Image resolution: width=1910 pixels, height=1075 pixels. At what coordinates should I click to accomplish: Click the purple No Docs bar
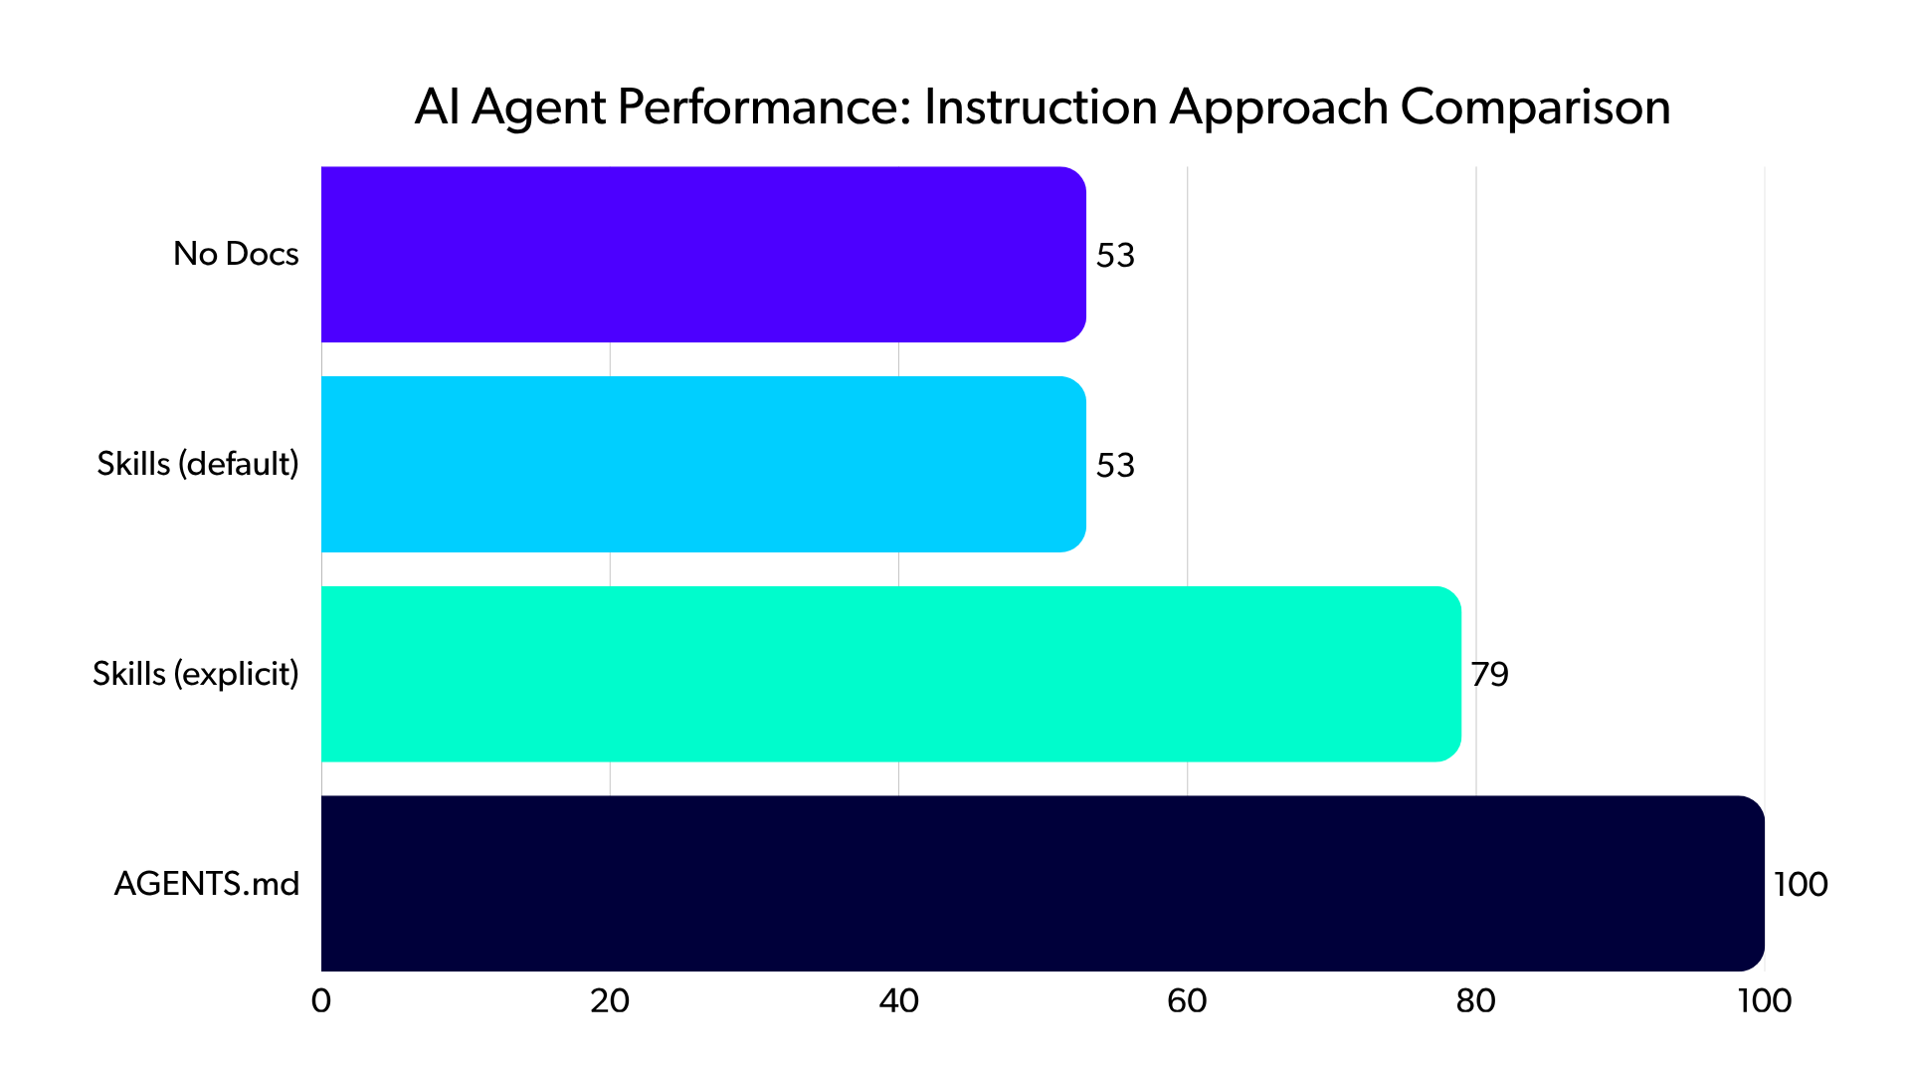(703, 254)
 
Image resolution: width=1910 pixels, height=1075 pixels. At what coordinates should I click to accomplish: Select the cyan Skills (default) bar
(703, 464)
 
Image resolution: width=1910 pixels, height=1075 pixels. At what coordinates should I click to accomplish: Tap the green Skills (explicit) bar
(890, 674)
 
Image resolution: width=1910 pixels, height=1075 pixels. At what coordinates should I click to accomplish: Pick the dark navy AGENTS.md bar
(1042, 883)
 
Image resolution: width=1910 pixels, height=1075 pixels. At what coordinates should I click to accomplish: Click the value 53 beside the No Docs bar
(1115, 256)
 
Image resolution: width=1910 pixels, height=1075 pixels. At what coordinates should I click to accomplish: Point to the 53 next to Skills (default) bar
(1115, 466)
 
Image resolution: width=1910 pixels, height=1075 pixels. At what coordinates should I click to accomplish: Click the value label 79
(1489, 675)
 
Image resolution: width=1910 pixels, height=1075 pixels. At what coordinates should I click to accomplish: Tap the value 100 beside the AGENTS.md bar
(1801, 885)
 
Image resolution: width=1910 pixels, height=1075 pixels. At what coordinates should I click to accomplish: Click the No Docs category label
(236, 254)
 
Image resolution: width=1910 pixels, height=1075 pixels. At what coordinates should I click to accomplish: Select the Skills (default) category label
(198, 464)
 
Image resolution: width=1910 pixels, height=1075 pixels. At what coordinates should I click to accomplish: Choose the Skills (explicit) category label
(196, 674)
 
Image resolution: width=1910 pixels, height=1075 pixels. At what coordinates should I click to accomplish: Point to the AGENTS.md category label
(207, 884)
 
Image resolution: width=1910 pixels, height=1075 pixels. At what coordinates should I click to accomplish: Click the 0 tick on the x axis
(321, 1001)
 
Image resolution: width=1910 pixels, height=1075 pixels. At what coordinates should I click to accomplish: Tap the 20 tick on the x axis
(610, 1001)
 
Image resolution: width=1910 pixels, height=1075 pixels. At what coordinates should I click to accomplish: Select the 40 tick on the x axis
(898, 1001)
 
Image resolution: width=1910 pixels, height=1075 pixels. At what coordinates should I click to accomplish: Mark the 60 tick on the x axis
(1187, 1001)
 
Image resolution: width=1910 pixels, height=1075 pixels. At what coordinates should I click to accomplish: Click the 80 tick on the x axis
(1475, 1001)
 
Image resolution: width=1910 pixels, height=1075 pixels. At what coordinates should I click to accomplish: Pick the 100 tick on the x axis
(1765, 1001)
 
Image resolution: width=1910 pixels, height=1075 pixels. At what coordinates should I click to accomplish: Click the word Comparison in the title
(1535, 107)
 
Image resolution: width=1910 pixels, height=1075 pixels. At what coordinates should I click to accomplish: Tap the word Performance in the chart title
(763, 107)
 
